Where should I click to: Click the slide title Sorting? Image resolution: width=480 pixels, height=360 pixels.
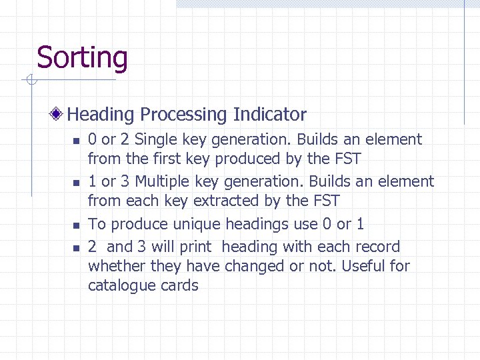tap(81, 57)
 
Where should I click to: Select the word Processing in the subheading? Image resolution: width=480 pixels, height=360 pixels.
tap(183, 115)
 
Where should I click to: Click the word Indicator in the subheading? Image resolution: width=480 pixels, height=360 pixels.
tap(269, 115)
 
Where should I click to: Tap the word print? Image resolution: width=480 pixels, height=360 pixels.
tap(197, 247)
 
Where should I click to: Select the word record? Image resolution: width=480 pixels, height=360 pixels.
tap(376, 247)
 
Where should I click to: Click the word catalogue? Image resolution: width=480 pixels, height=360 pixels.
tap(123, 285)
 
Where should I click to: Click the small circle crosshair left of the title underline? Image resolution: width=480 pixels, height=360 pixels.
tap(30, 81)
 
